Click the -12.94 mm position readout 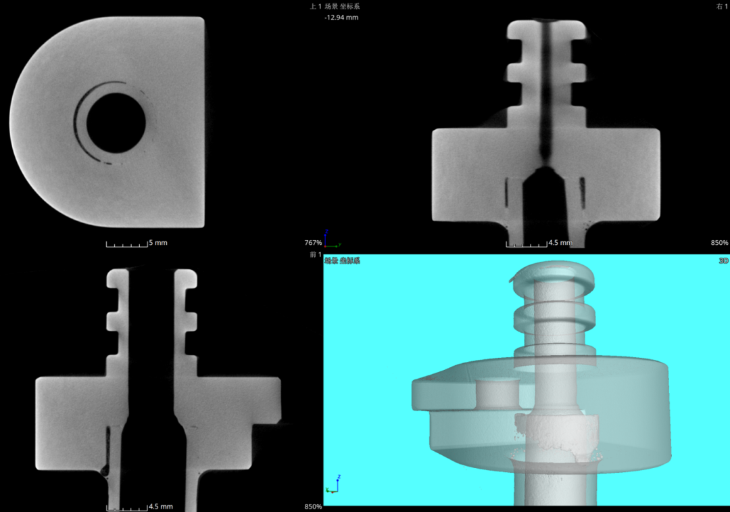(x=341, y=18)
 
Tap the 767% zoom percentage (x=313, y=243)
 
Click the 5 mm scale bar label (x=158, y=243)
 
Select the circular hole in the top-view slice (x=116, y=123)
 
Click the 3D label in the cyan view (x=723, y=261)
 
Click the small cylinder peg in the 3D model (x=497, y=394)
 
